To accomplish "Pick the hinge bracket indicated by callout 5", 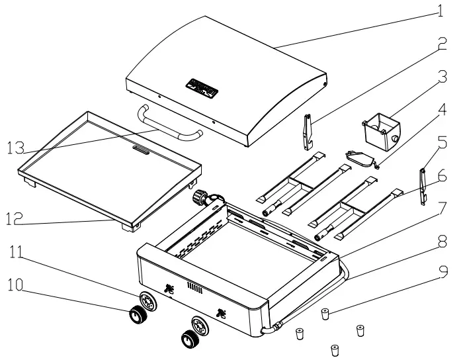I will [423, 186].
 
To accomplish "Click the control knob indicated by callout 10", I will [138, 316].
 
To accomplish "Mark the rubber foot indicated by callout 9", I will [325, 313].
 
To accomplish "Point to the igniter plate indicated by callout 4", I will [360, 157].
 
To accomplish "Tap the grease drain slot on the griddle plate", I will [140, 151].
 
